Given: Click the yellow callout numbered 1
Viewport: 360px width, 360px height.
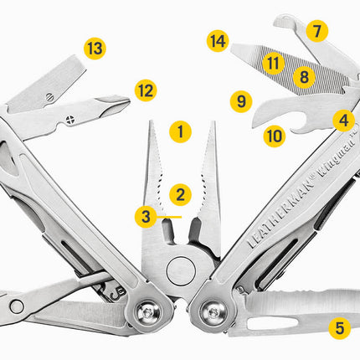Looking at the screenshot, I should click(x=179, y=131).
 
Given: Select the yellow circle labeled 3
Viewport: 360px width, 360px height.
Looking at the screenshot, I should click(x=146, y=216).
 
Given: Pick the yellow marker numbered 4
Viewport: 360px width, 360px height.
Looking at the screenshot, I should click(x=342, y=121).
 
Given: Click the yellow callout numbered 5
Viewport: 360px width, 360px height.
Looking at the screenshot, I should click(x=339, y=327).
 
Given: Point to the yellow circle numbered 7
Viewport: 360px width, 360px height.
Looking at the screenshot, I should click(x=316, y=32).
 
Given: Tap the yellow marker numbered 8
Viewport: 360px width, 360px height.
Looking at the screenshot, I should click(x=304, y=78).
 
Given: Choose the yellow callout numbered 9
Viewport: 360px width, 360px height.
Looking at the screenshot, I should click(x=241, y=102).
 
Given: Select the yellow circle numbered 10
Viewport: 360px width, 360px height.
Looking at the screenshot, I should click(x=275, y=135).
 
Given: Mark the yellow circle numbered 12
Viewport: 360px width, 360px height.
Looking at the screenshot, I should click(x=146, y=88).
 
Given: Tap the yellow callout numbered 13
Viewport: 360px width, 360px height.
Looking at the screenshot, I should click(x=95, y=48).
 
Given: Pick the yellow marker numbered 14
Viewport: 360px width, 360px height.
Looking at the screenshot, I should click(x=218, y=40).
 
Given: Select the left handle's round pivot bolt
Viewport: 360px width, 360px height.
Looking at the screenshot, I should click(x=147, y=313).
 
